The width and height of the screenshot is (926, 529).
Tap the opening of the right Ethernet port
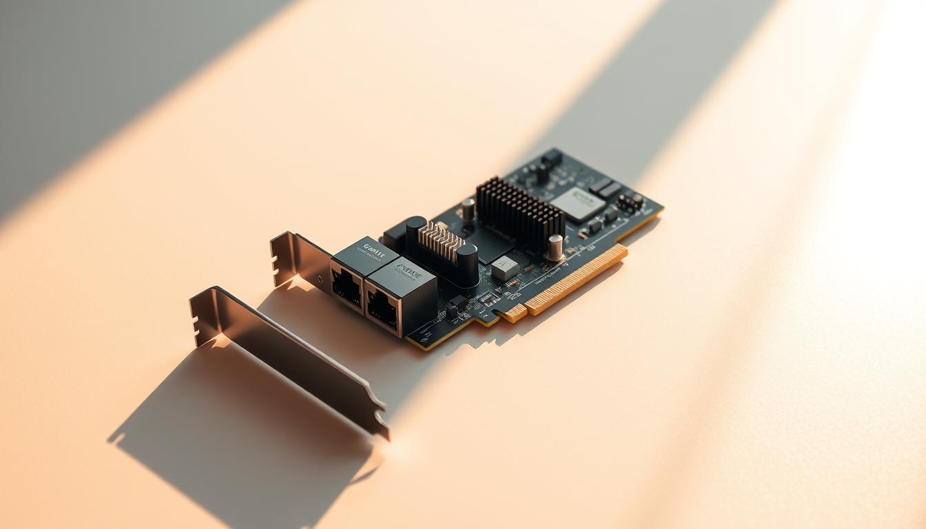pos(381,309)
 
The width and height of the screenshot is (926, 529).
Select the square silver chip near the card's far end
pos(577,204)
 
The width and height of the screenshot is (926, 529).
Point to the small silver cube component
pos(504,268)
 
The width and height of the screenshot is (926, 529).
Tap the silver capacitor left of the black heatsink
pos(468,209)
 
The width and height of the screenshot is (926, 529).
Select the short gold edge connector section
pos(513,313)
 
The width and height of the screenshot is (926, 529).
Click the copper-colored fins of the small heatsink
pos(442,242)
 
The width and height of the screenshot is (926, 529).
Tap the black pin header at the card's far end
pos(630,202)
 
